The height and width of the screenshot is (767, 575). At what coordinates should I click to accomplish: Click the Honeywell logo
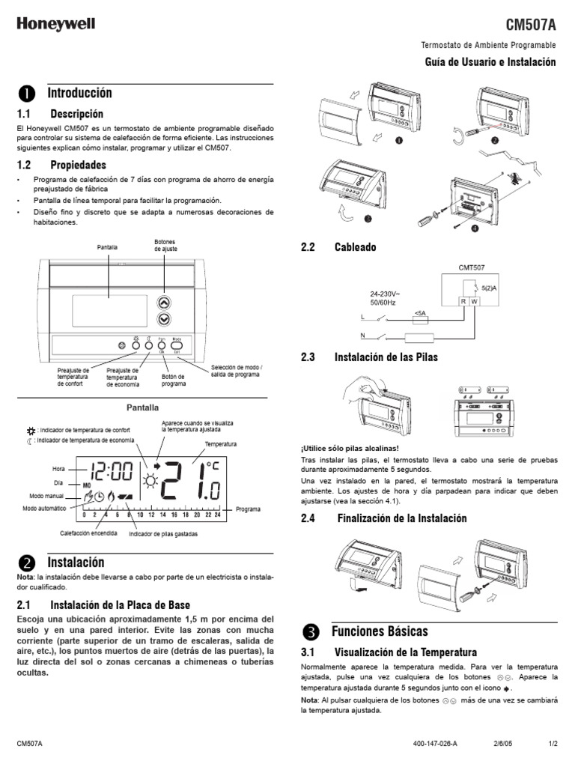click(56, 24)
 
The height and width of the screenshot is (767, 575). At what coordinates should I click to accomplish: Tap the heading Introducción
click(79, 93)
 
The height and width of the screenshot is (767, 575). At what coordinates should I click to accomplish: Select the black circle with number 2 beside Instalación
click(26, 563)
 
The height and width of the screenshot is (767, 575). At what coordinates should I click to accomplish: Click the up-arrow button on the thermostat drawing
click(165, 303)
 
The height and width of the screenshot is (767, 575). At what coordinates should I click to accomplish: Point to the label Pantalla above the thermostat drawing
click(109, 246)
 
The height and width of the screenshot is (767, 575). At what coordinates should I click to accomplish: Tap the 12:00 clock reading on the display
click(112, 471)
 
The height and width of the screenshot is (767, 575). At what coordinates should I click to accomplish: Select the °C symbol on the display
click(213, 466)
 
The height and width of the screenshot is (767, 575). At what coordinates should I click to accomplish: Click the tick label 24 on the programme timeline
click(217, 515)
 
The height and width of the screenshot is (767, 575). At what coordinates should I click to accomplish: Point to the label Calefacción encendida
click(88, 533)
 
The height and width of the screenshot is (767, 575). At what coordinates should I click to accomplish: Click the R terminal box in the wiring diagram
click(463, 302)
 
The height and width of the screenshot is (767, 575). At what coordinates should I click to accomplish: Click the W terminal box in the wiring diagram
click(475, 302)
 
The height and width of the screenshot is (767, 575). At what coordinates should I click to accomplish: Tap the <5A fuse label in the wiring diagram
click(420, 313)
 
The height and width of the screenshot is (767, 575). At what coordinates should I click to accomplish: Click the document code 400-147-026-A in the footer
click(434, 743)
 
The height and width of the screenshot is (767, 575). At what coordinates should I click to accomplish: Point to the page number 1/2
click(553, 743)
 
